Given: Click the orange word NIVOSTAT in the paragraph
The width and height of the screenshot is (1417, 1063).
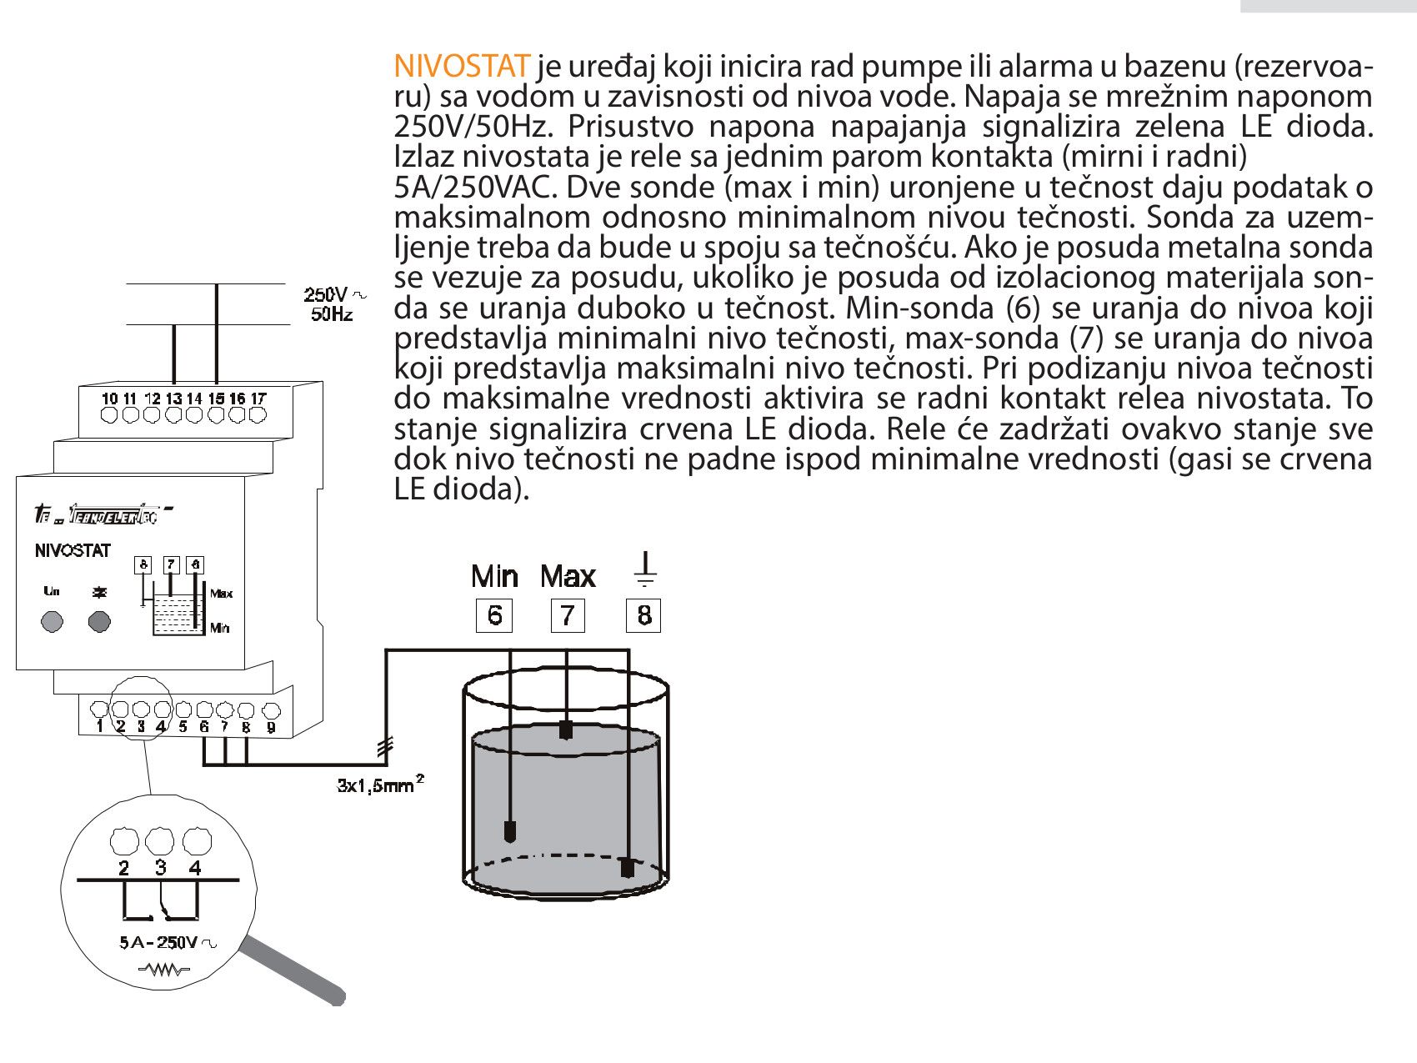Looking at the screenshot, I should pyautogui.click(x=461, y=66).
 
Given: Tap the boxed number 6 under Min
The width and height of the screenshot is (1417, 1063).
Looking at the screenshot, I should pyautogui.click(x=494, y=615).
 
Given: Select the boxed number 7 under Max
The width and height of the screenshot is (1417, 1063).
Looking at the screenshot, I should pyautogui.click(x=568, y=615).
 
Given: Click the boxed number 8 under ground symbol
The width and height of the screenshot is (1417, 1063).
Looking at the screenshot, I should pyautogui.click(x=643, y=615).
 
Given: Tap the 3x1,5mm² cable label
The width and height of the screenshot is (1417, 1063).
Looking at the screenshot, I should pyautogui.click(x=379, y=784).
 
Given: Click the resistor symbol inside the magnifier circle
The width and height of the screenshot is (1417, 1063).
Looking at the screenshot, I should pyautogui.click(x=164, y=970).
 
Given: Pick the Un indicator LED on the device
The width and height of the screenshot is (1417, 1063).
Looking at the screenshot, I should pyautogui.click(x=52, y=621).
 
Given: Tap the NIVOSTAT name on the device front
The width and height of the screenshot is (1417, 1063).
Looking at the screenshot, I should pyautogui.click(x=73, y=550).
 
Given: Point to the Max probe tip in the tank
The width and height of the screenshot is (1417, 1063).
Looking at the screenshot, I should pyautogui.click(x=567, y=730).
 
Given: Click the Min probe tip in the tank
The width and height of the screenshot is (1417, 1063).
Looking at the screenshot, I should pyautogui.click(x=509, y=830).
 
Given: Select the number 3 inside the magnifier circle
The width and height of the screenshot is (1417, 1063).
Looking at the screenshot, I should pyautogui.click(x=160, y=868).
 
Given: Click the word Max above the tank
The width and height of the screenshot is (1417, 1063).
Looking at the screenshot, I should pyautogui.click(x=568, y=576).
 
